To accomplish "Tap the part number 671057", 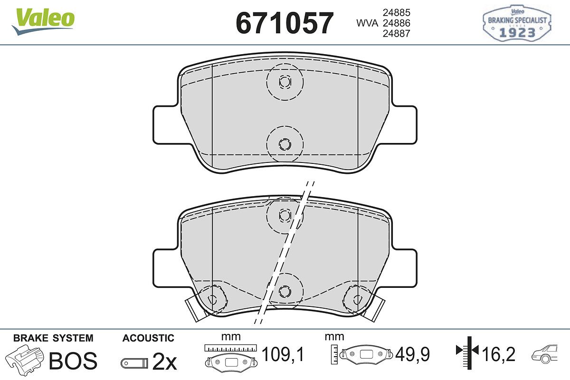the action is tap(285, 23).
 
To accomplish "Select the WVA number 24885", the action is tap(397, 13).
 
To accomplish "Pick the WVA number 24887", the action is tap(397, 34).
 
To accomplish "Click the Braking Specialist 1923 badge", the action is tap(517, 23).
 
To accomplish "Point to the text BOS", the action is tap(73, 361).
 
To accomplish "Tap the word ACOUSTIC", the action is tap(148, 338).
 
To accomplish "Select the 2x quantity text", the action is tap(164, 361).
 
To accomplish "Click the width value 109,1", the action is tap(283, 354).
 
